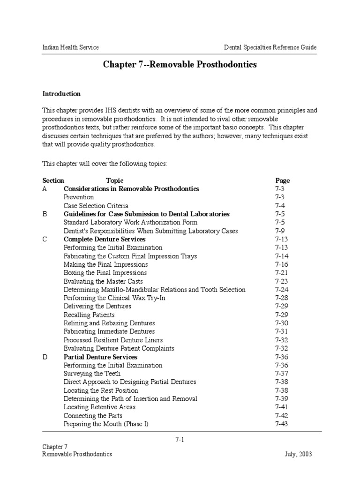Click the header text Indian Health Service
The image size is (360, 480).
click(x=70, y=47)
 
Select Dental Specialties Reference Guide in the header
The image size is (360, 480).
click(x=270, y=47)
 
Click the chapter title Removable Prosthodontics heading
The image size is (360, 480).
click(x=180, y=65)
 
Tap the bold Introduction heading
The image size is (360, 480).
click(x=61, y=94)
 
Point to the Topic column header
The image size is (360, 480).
click(x=114, y=180)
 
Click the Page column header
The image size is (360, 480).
click(x=282, y=180)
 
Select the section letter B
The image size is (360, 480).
click(x=45, y=214)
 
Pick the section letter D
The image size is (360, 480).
click(x=45, y=357)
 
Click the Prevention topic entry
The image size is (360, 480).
click(x=79, y=197)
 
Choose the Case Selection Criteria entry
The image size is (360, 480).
click(x=96, y=206)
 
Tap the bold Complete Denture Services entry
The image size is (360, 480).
click(x=105, y=240)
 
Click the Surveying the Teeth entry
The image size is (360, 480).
click(x=92, y=374)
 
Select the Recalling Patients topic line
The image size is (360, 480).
click(x=89, y=315)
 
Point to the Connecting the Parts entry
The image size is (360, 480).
click(x=93, y=416)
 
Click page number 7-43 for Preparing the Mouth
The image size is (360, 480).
click(x=281, y=424)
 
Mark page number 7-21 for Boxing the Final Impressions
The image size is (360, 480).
click(x=281, y=273)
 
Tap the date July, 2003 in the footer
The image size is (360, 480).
click(x=298, y=454)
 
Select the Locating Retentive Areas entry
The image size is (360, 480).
click(x=99, y=407)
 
